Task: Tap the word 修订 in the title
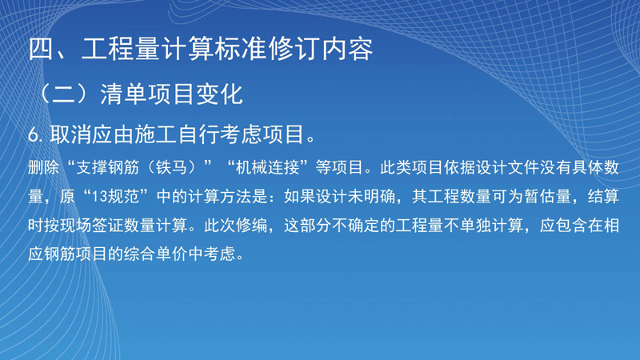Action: (294, 49)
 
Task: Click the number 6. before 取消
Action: (35, 134)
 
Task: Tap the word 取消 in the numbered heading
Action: (70, 134)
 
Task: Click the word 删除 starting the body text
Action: (44, 167)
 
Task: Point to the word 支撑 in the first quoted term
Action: (92, 167)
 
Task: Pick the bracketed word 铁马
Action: (171, 167)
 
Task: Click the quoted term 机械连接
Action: (267, 167)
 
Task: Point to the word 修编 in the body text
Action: (251, 226)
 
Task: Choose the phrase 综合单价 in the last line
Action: (155, 254)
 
